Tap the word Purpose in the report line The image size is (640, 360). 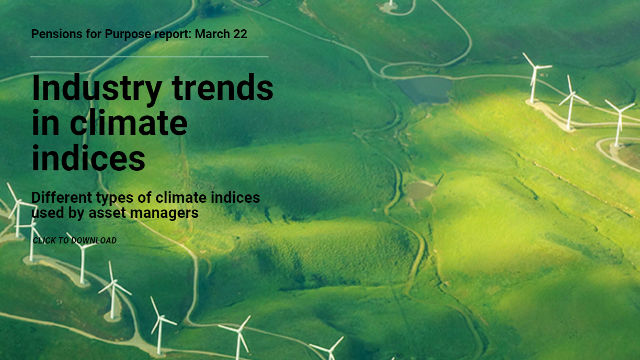click(x=128, y=34)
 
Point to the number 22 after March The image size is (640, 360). click(x=240, y=34)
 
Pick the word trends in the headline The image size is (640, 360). click(x=223, y=87)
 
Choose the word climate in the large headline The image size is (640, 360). click(x=129, y=122)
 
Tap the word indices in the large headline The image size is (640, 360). click(x=88, y=158)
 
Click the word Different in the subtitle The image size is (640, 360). click(x=62, y=198)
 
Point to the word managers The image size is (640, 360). click(x=164, y=213)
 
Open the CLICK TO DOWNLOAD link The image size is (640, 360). click(x=75, y=241)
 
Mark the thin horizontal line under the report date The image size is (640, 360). click(x=149, y=57)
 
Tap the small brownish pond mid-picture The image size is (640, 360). click(x=420, y=190)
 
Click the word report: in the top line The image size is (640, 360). click(x=173, y=34)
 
